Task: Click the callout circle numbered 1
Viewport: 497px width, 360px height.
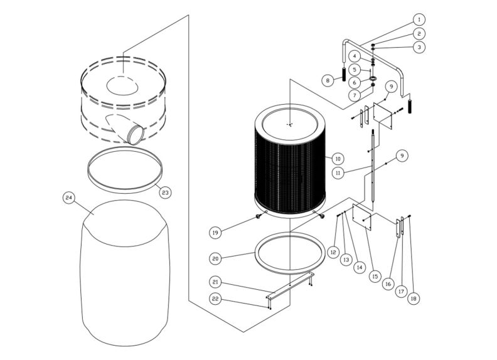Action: click(x=419, y=20)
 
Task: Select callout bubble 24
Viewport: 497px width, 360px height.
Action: click(x=69, y=198)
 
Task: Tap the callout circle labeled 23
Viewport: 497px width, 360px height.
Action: click(x=165, y=191)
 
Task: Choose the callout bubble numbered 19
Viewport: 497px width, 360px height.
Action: click(x=215, y=232)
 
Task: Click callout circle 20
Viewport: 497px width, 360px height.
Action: click(x=215, y=257)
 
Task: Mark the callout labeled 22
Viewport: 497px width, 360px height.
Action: click(x=215, y=300)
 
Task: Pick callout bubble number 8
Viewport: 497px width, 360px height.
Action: click(x=327, y=80)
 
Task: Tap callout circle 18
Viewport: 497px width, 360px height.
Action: click(x=413, y=299)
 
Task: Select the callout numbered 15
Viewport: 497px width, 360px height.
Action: click(x=375, y=275)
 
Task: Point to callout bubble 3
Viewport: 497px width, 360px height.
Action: click(x=419, y=46)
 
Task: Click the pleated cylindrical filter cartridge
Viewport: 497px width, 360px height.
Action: click(x=290, y=160)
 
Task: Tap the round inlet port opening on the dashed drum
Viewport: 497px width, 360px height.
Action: click(x=134, y=133)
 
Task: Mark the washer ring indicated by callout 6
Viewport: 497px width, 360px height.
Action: click(x=373, y=79)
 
